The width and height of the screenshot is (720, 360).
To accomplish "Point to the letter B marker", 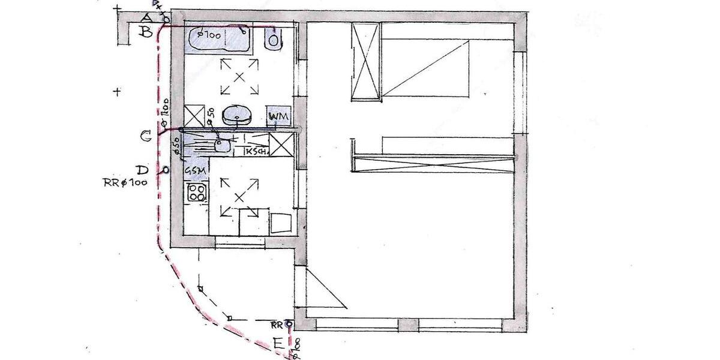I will click(x=145, y=32).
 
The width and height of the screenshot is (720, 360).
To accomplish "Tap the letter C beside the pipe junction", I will click(x=146, y=137).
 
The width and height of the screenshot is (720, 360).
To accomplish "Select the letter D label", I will click(x=142, y=170).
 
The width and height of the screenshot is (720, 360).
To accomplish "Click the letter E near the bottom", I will click(x=278, y=344).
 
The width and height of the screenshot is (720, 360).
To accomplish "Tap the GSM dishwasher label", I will click(x=196, y=171).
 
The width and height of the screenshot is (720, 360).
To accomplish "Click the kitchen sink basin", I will click(x=223, y=144).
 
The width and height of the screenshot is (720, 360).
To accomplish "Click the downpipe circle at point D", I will click(x=165, y=170).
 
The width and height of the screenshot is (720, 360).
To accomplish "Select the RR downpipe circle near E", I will click(x=290, y=325).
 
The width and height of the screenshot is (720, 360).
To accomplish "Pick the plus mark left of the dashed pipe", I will click(x=118, y=92).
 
